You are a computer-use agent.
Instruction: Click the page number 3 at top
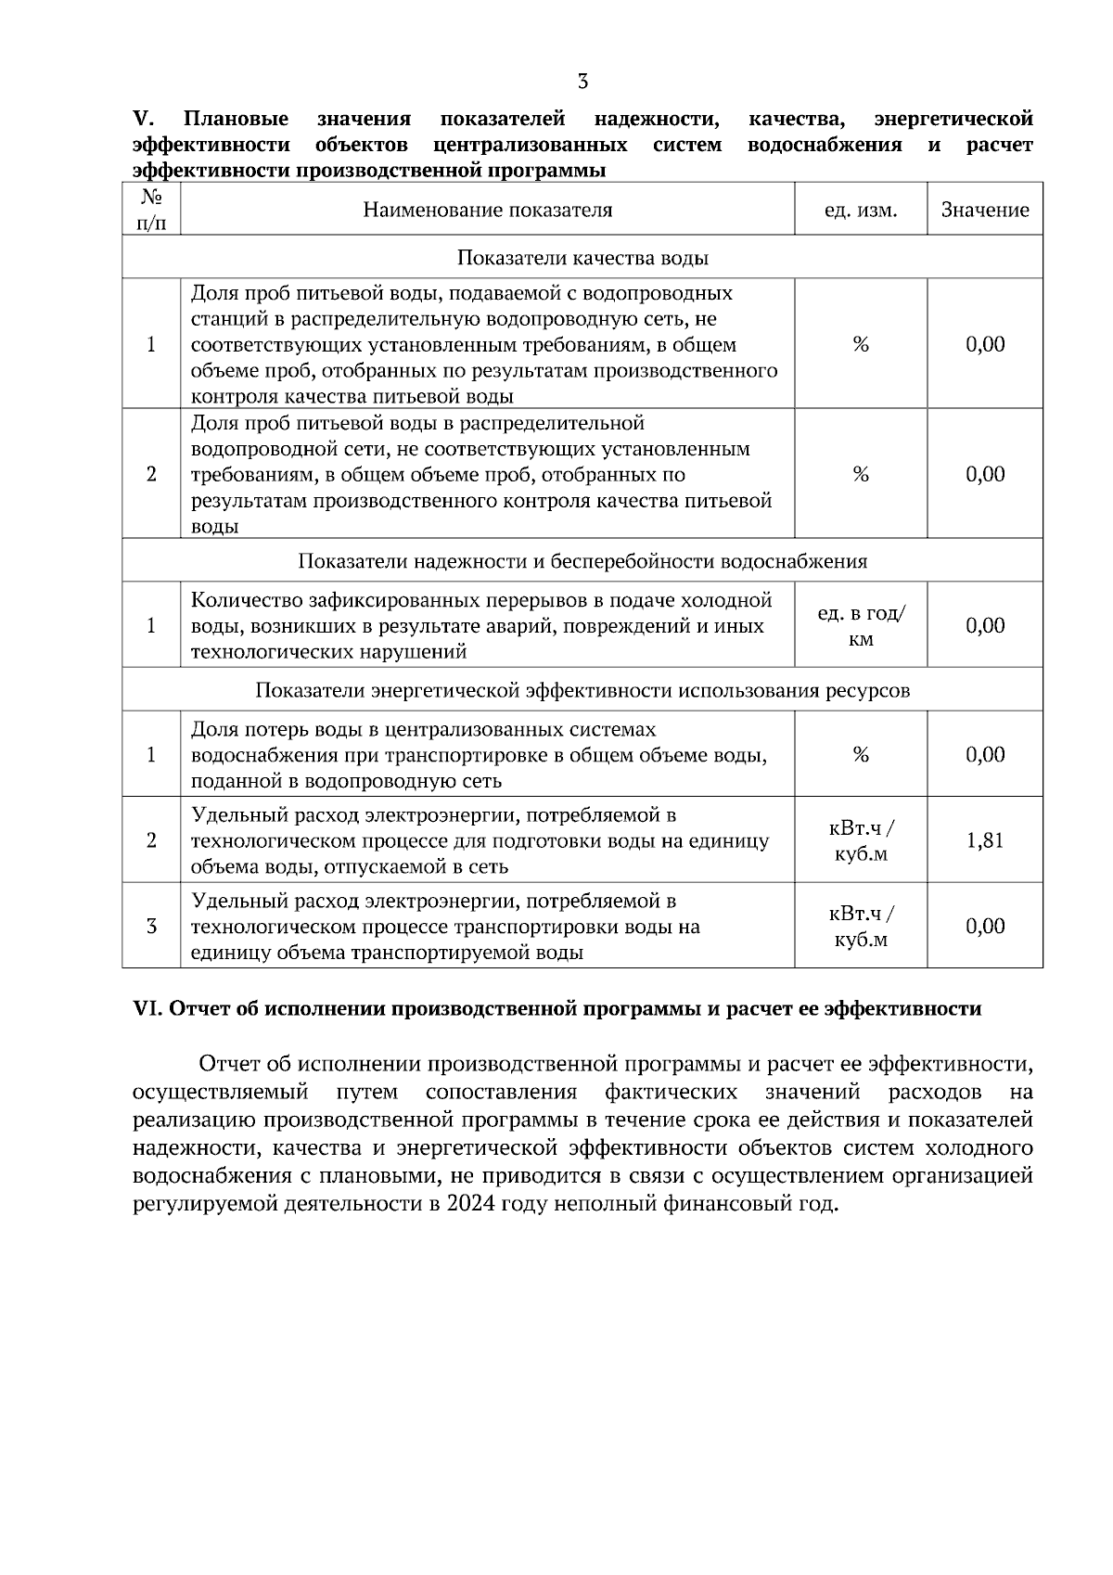pyautogui.click(x=582, y=82)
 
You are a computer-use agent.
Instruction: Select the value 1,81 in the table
pyautogui.click(x=985, y=840)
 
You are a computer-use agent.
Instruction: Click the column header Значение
pyautogui.click(x=985, y=210)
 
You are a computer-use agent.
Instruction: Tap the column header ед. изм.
pyautogui.click(x=861, y=210)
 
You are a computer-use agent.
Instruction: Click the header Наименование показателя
pyautogui.click(x=488, y=210)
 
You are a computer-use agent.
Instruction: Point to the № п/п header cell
pyautogui.click(x=151, y=210)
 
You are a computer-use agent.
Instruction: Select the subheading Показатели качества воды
pyautogui.click(x=582, y=257)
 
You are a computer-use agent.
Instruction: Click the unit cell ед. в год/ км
pyautogui.click(x=861, y=626)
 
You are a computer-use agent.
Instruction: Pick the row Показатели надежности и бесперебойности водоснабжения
pyautogui.click(x=582, y=561)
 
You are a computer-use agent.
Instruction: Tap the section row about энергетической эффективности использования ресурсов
pyautogui.click(x=582, y=690)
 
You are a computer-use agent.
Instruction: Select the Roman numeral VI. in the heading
pyautogui.click(x=148, y=1009)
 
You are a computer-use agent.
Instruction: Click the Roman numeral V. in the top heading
pyautogui.click(x=143, y=119)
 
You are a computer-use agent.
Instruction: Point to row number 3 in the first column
pyautogui.click(x=151, y=926)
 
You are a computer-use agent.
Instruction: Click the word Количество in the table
pyautogui.click(x=243, y=600)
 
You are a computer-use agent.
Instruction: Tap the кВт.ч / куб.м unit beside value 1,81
pyautogui.click(x=861, y=840)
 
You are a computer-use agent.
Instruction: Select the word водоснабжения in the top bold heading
pyautogui.click(x=825, y=145)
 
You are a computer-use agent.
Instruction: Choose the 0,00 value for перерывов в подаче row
pyautogui.click(x=985, y=625)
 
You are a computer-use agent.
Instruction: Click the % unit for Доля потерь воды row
pyautogui.click(x=861, y=754)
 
